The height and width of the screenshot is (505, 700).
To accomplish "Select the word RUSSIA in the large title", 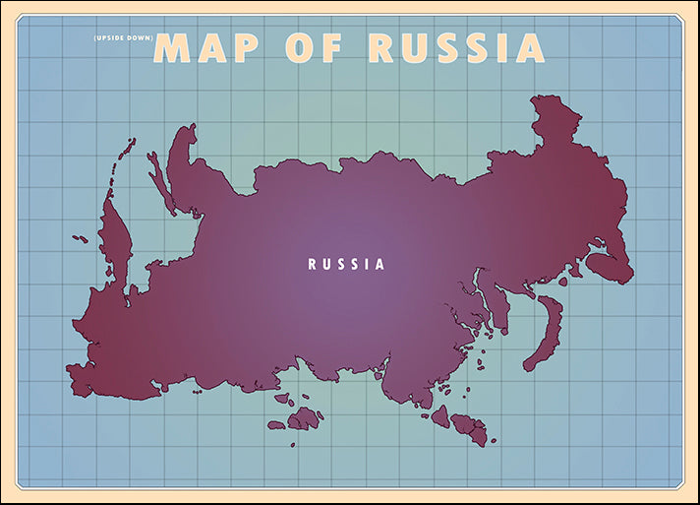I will click(x=456, y=47).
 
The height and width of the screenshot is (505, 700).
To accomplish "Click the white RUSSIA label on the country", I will click(x=347, y=264).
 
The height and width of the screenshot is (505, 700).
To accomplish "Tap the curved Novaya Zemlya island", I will click(x=544, y=335).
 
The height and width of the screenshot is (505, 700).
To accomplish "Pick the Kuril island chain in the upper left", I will click(x=125, y=158).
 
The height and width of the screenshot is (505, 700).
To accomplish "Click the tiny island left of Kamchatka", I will click(x=79, y=237).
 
